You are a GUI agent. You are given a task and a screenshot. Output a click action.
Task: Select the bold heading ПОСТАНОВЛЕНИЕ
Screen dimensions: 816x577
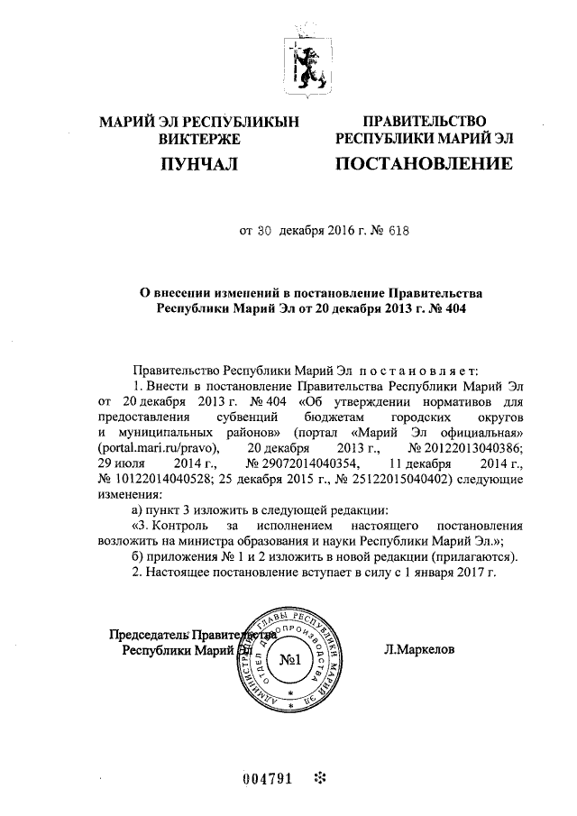point(424,164)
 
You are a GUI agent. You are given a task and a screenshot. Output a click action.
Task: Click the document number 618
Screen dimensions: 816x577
point(398,230)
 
